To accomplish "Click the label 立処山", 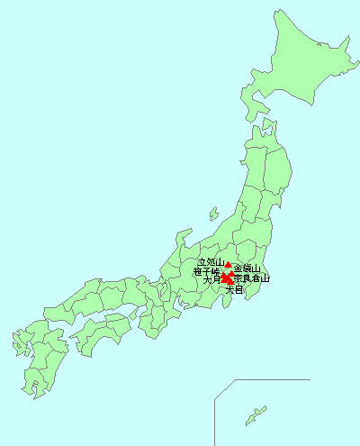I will click(x=210, y=262).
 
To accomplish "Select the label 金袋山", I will click(x=247, y=269).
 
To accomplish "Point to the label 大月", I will click(x=211, y=280).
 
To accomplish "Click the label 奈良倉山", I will click(x=252, y=279).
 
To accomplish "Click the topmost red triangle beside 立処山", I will click(x=228, y=265).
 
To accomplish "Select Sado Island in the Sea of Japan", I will click(x=213, y=214).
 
